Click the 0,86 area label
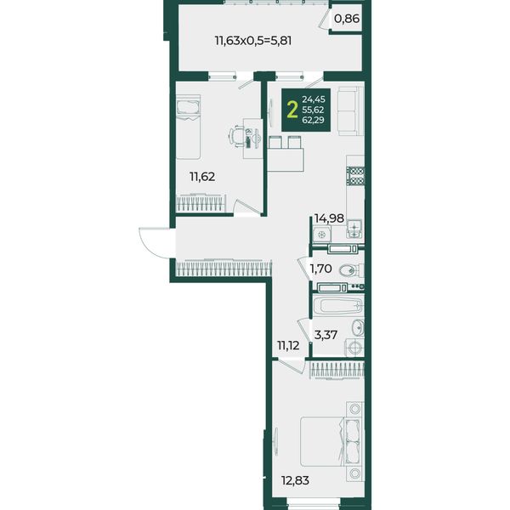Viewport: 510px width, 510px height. point(347,19)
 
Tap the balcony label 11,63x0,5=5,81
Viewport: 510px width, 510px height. point(253,41)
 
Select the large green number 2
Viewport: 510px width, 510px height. point(292,110)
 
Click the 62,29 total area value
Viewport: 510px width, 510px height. point(313,121)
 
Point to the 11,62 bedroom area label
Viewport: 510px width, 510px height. point(202,177)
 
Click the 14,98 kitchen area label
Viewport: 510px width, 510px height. point(329,218)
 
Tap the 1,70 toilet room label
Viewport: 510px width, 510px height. point(320,269)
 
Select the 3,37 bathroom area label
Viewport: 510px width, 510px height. point(326,334)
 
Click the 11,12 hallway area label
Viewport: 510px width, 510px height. point(288,345)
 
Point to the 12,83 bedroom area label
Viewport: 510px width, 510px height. point(295,480)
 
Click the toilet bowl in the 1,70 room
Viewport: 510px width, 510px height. point(350,270)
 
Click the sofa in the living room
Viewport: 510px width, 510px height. point(350,110)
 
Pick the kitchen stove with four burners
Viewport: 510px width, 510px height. point(355,176)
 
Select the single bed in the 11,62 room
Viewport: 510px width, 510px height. point(188,127)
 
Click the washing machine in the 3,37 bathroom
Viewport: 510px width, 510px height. point(354,348)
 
